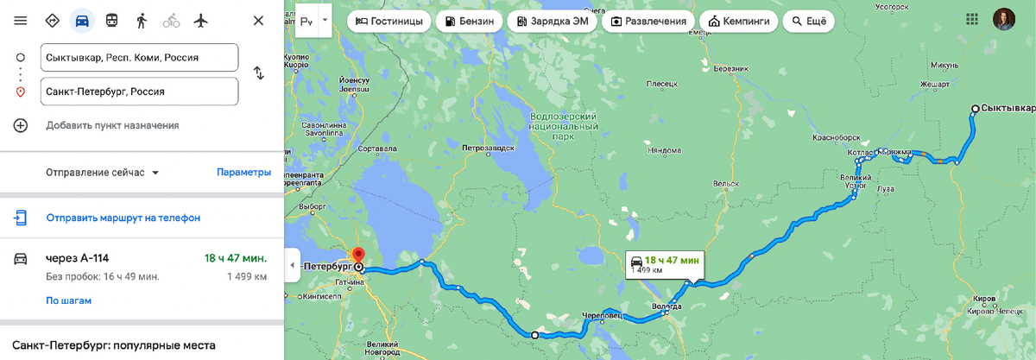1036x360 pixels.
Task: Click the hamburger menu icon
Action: point(21,20)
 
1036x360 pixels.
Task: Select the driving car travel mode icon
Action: point(82,20)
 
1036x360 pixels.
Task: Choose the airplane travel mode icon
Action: point(201,20)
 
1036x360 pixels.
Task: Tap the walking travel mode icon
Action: point(142,20)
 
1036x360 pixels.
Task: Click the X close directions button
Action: point(258,20)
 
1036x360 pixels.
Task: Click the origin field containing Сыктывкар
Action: point(139,58)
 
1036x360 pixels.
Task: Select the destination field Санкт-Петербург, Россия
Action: point(139,92)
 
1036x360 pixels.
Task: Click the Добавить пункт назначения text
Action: point(112,125)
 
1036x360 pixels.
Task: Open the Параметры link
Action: point(243,172)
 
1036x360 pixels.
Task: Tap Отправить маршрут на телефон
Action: point(123,218)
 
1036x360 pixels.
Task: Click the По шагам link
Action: point(68,300)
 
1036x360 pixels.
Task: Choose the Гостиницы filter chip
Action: point(388,21)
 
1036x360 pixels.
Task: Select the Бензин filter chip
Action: point(469,21)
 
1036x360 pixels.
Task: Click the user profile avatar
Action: point(1003,20)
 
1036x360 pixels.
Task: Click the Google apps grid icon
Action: point(971,20)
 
